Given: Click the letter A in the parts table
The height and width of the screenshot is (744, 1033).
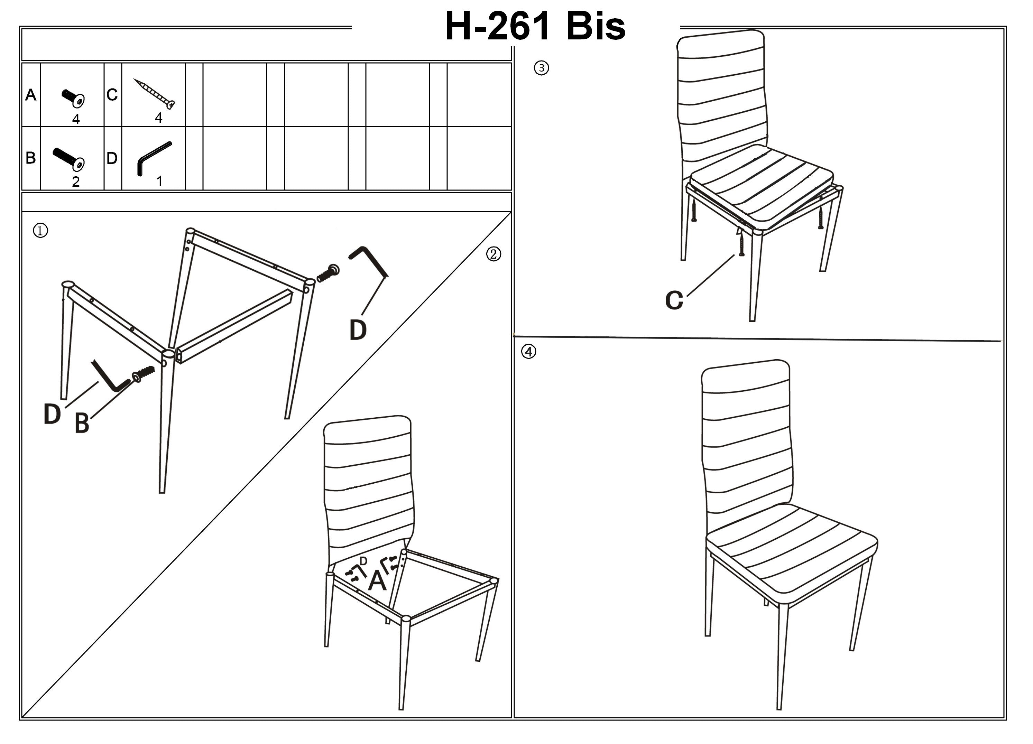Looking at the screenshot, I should point(30,95).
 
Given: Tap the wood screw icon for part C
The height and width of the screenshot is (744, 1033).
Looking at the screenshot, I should point(154,93).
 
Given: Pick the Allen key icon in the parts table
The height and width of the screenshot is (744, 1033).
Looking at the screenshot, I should point(154,158).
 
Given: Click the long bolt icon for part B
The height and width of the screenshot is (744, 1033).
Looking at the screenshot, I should point(69,159).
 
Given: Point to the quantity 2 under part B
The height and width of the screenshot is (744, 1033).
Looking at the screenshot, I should point(76,182).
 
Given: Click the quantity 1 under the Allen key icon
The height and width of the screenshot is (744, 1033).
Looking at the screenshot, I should point(159,181).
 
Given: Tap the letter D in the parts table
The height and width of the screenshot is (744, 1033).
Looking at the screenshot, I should point(112,158).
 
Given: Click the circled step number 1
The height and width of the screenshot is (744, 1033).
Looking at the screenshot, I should point(40,231).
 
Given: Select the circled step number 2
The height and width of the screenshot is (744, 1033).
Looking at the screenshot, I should point(493,254).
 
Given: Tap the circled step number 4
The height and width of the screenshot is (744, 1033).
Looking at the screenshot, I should point(528,352).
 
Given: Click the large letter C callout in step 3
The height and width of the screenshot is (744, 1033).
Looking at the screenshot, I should point(674,300).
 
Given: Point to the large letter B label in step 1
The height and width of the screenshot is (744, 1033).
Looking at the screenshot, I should point(82,423).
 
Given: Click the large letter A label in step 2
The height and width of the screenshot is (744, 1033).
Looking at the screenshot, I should point(377,581).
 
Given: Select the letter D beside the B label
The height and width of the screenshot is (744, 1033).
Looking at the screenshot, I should point(52,414).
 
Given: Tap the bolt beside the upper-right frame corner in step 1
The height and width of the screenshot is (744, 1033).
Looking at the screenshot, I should point(328,273).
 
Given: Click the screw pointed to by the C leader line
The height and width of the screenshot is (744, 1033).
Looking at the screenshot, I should point(741,244).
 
